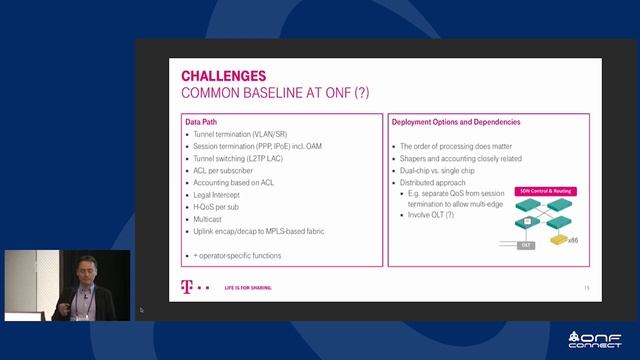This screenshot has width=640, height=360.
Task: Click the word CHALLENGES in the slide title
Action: point(223,75)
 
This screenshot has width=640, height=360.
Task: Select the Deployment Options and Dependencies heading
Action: point(455,122)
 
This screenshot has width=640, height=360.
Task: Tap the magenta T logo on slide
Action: point(186,287)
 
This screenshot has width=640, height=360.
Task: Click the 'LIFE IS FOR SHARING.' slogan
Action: point(246,287)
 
